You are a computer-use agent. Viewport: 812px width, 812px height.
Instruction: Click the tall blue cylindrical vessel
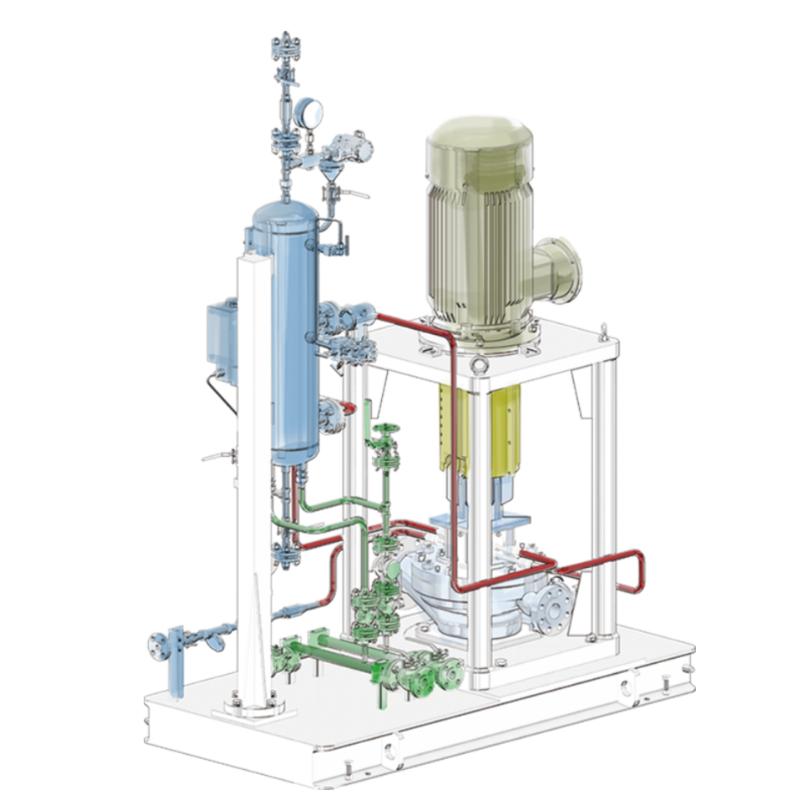(285, 328)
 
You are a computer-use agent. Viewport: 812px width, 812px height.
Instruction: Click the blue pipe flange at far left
(157, 645)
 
